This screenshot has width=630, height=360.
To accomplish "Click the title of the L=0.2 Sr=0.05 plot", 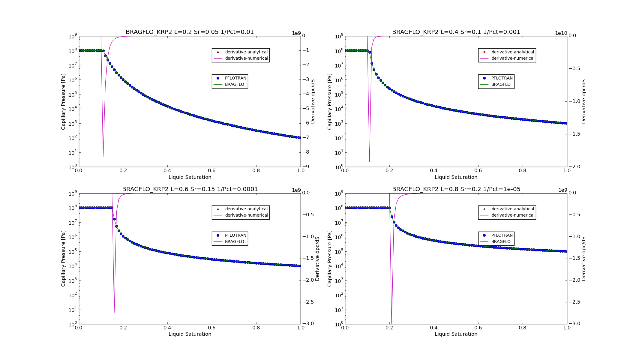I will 190,32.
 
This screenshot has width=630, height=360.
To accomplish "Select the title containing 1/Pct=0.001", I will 456,32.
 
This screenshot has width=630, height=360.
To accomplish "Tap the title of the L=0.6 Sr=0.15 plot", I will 190,189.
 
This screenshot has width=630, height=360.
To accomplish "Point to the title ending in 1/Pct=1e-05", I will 456,189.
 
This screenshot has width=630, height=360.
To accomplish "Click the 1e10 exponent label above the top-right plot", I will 561,33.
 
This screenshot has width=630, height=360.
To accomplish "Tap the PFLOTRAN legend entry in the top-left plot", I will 235,78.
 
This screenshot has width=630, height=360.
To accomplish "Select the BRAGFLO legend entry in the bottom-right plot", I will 501,241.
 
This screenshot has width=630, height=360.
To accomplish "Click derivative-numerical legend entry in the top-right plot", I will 513,58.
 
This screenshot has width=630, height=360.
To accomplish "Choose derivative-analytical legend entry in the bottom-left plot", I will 246,209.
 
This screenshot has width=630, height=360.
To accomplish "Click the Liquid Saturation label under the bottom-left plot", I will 190,334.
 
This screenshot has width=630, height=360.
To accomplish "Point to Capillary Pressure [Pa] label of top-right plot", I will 329,101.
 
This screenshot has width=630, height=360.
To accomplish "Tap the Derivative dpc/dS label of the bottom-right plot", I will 583,259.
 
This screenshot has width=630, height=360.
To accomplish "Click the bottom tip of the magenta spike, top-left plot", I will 103,156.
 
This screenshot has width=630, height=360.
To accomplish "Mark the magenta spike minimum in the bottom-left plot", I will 114,313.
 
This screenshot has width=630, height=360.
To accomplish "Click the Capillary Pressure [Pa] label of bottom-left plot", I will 63,259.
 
